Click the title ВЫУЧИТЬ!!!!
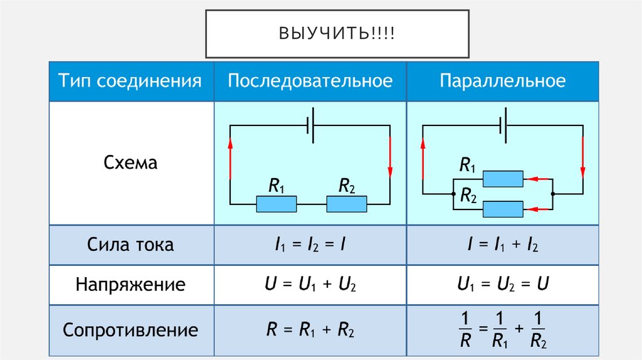(x=337, y=33)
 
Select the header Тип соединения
(x=130, y=81)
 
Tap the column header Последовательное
(x=310, y=81)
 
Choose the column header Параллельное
(x=503, y=81)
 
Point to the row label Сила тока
(x=130, y=245)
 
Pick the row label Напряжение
(x=130, y=285)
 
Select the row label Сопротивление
(x=130, y=330)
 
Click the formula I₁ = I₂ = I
(x=310, y=245)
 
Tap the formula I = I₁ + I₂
(x=503, y=245)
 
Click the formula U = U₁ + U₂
(x=310, y=285)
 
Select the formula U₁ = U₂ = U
(x=503, y=285)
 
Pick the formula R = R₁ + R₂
(x=310, y=330)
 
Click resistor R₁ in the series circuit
(x=276, y=204)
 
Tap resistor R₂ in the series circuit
(x=346, y=204)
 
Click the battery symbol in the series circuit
(x=310, y=125)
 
